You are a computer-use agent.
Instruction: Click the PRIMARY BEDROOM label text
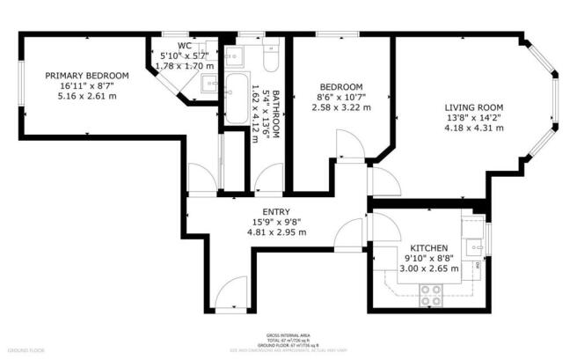[87, 76]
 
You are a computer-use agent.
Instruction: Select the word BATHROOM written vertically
[275, 113]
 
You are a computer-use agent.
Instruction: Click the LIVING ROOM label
[474, 105]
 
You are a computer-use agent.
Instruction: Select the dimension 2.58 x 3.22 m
[341, 107]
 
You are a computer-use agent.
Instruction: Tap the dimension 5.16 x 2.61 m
[87, 96]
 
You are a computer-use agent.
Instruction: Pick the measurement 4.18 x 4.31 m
[474, 128]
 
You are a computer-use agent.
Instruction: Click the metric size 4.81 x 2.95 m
[276, 232]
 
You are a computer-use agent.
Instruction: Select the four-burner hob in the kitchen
[432, 294]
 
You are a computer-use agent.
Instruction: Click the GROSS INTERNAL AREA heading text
[288, 335]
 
